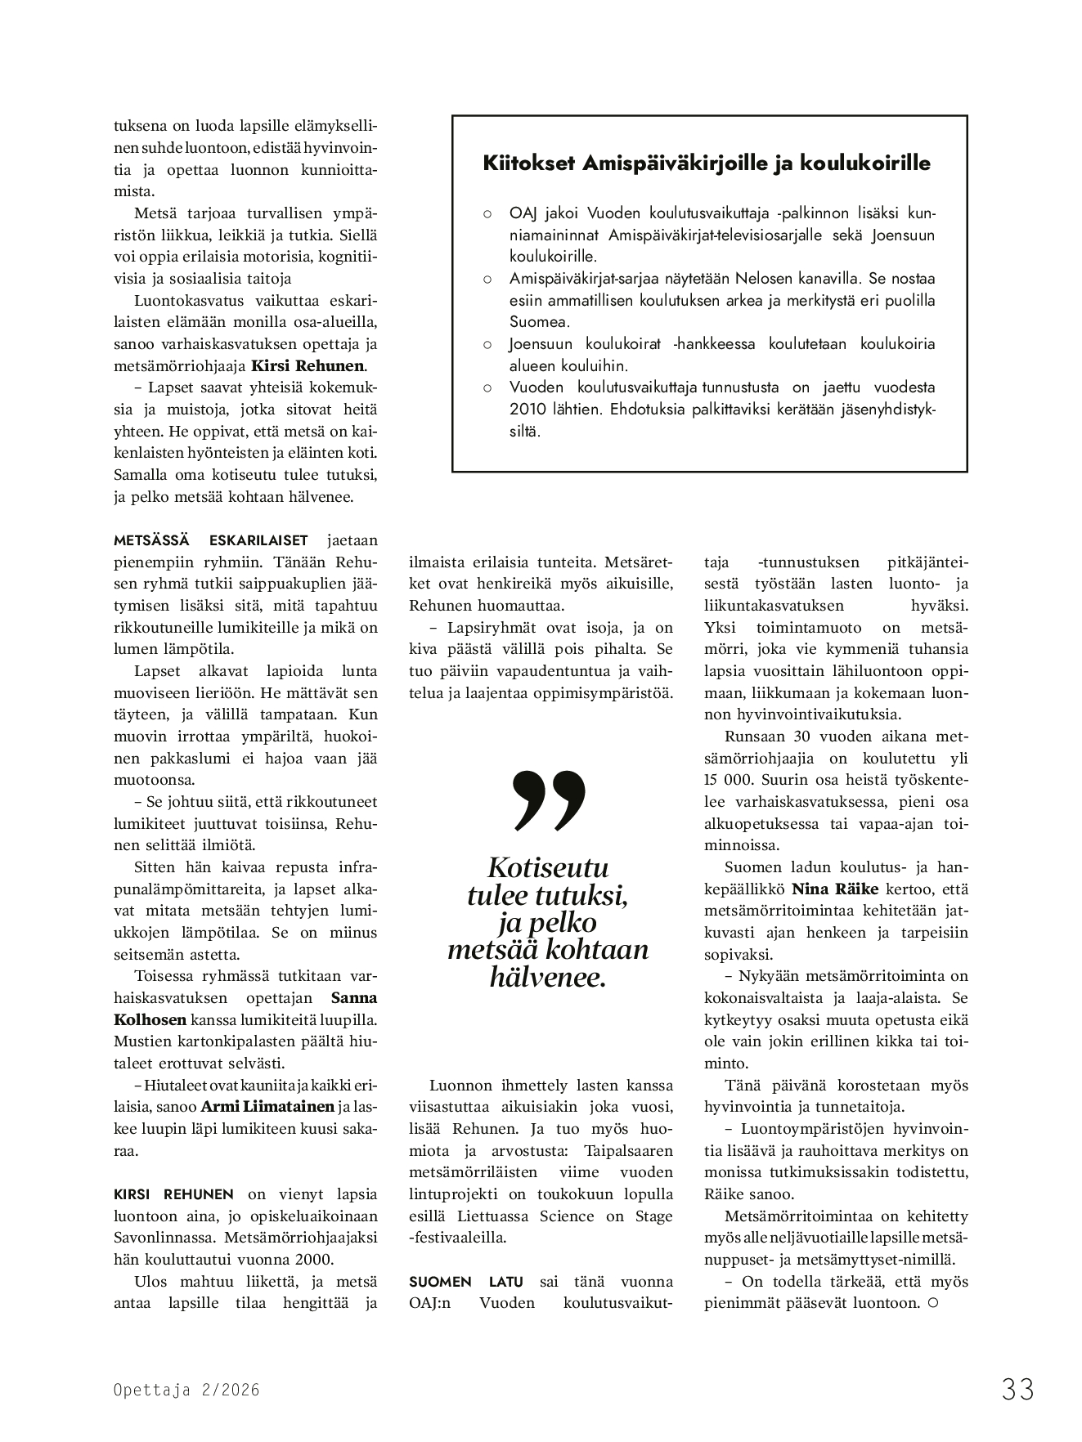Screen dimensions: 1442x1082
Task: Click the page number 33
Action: click(1017, 1389)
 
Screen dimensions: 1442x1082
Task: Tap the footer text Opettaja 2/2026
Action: click(186, 1390)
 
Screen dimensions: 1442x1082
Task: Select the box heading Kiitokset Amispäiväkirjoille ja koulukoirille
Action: click(707, 163)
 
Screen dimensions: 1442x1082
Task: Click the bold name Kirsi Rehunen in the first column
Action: click(308, 366)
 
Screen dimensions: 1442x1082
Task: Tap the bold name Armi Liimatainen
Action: click(267, 1107)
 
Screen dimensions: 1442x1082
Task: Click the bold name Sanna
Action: click(354, 998)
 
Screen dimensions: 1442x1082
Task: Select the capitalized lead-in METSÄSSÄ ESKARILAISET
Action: click(211, 540)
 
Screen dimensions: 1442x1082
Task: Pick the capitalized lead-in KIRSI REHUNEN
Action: click(173, 1194)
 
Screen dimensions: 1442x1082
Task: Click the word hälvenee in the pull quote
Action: click(548, 977)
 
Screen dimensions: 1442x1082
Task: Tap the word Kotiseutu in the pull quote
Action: click(547, 867)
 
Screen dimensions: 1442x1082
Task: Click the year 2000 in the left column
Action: click(315, 1260)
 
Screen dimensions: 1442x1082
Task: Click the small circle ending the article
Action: click(933, 1303)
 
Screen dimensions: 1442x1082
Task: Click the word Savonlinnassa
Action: click(165, 1238)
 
